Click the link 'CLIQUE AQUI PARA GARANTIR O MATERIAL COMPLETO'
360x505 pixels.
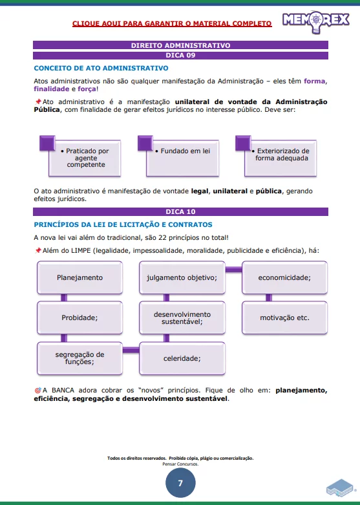tap(172, 23)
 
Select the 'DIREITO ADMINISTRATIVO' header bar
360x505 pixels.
tap(180, 46)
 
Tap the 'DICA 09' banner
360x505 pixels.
tap(180, 55)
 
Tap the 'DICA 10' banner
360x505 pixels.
tap(180, 211)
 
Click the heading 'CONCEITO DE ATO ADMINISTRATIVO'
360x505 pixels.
tap(101, 68)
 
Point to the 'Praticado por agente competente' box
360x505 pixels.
tap(87, 158)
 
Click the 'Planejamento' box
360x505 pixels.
tap(79, 277)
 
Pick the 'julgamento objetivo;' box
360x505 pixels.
tap(182, 277)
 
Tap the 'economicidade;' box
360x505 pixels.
tap(284, 277)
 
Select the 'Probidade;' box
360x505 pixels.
tap(79, 317)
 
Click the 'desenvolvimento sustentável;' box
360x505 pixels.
tap(182, 317)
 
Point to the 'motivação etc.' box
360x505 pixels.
tap(284, 317)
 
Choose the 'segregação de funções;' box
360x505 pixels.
tap(79, 358)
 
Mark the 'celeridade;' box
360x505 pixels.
tap(182, 358)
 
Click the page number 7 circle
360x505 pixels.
tap(180, 482)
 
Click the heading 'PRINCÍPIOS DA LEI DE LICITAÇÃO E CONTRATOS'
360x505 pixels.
tap(123, 224)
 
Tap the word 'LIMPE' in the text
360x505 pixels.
tap(83, 250)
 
